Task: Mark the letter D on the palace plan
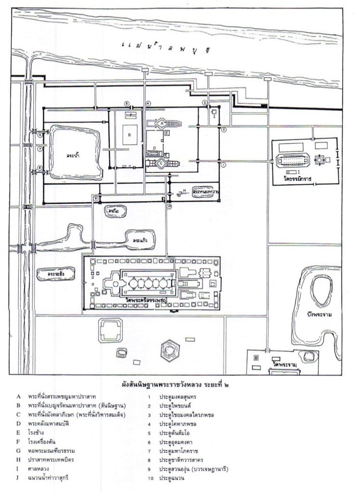[x=154, y=148]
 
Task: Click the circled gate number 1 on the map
[x=223, y=164]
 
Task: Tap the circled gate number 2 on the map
[x=223, y=129]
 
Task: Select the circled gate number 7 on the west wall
[x=40, y=149]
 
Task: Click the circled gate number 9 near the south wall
[x=96, y=198]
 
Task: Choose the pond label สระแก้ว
[x=140, y=238]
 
